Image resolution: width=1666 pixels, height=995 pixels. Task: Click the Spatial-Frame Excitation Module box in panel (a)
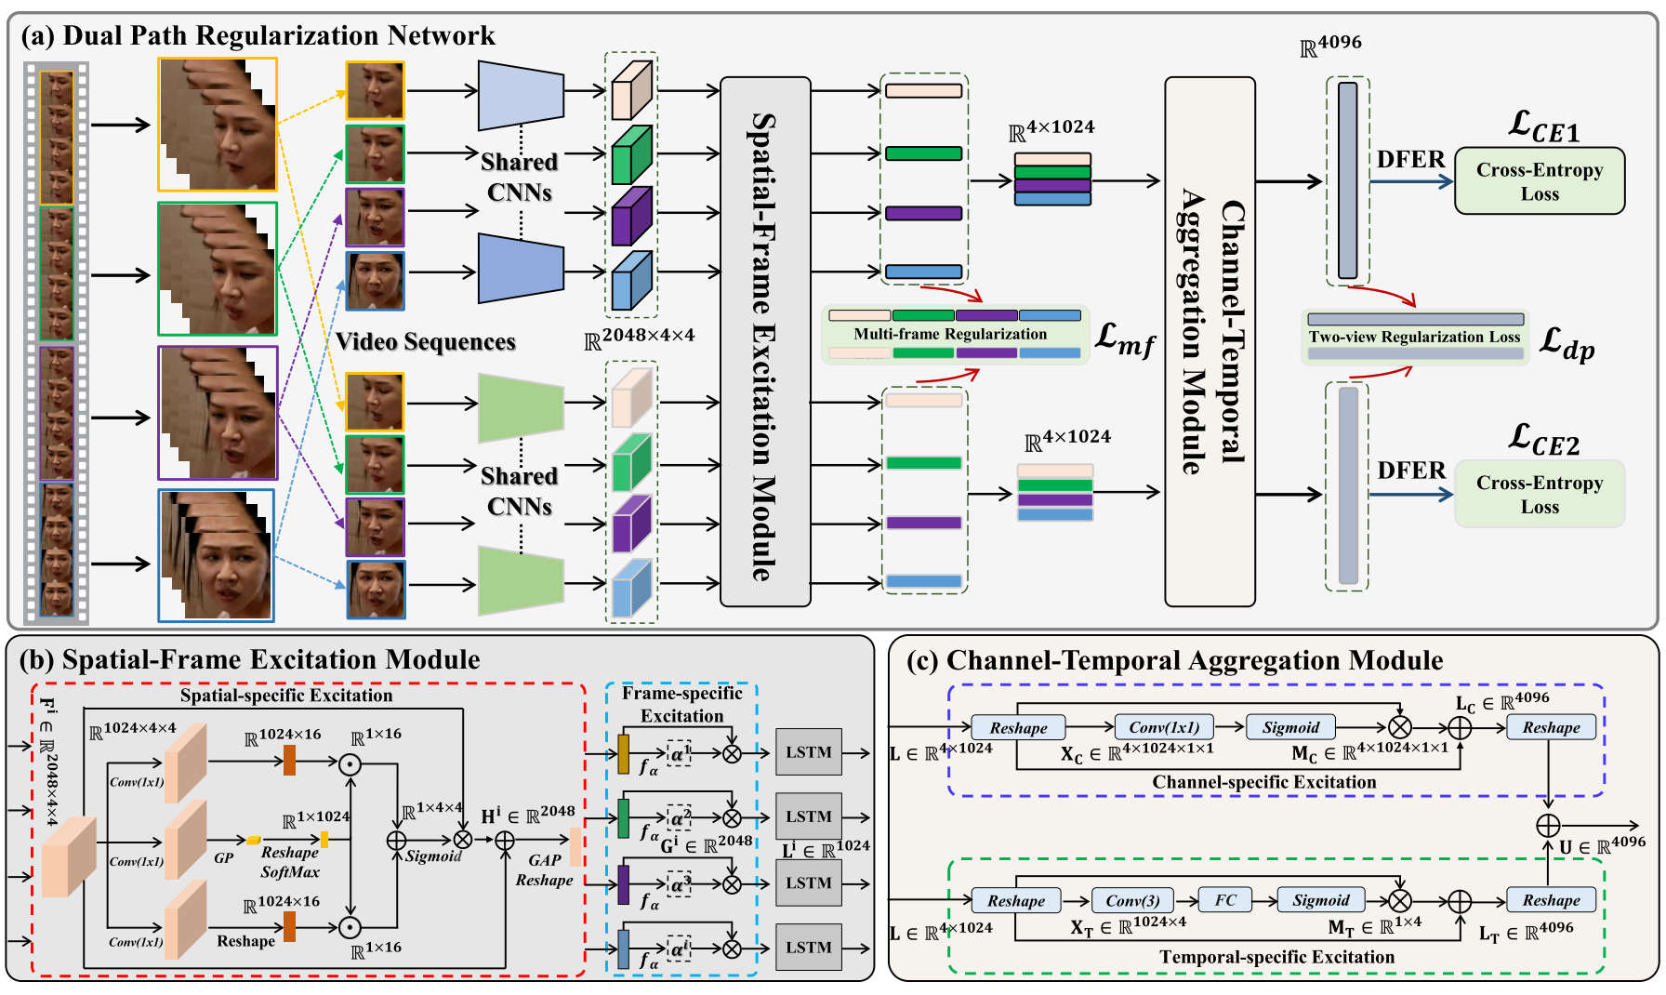click(765, 342)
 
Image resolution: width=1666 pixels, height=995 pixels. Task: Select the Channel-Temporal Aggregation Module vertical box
click(1210, 342)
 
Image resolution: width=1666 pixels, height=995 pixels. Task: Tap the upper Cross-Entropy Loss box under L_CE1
click(1539, 181)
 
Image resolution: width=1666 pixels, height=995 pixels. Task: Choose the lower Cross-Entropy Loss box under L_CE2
click(1539, 494)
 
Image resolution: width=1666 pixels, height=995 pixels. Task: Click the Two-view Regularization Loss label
click(1414, 337)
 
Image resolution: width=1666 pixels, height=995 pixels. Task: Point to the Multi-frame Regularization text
click(949, 334)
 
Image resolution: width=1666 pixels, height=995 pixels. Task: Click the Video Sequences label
click(425, 341)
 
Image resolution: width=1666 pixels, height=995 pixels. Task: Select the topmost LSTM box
click(808, 752)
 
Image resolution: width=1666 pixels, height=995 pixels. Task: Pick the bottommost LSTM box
click(808, 947)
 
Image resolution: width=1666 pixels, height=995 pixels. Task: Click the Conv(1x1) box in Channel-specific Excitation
click(1164, 727)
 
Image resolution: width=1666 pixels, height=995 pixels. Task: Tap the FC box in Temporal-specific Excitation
click(1224, 899)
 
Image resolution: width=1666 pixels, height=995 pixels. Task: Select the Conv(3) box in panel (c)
click(1131, 900)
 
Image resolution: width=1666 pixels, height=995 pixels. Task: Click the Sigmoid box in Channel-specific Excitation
click(1290, 727)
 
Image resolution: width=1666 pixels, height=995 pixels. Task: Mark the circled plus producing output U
click(1547, 825)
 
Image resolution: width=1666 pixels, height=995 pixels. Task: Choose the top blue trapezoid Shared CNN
click(520, 96)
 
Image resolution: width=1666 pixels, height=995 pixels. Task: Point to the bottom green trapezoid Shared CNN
click(520, 581)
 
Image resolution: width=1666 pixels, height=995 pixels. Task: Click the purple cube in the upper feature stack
click(632, 216)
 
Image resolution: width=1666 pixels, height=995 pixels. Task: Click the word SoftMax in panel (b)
click(289, 872)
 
